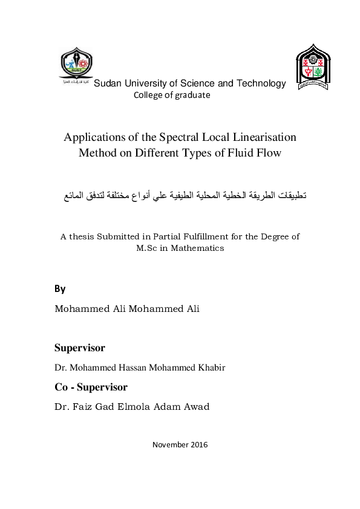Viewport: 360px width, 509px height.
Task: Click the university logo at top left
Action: coord(74,65)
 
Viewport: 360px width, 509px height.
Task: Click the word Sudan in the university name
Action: coord(107,84)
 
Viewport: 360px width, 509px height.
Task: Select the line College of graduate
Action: coord(172,96)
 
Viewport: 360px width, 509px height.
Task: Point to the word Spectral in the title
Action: coord(183,137)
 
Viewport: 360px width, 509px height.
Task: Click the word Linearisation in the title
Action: coord(261,137)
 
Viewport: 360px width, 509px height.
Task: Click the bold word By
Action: coord(60,288)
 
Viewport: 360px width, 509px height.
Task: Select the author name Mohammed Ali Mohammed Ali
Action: coord(127,309)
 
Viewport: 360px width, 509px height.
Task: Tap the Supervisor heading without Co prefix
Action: coord(79,348)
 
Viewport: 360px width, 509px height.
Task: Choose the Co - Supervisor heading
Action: coord(91,387)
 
